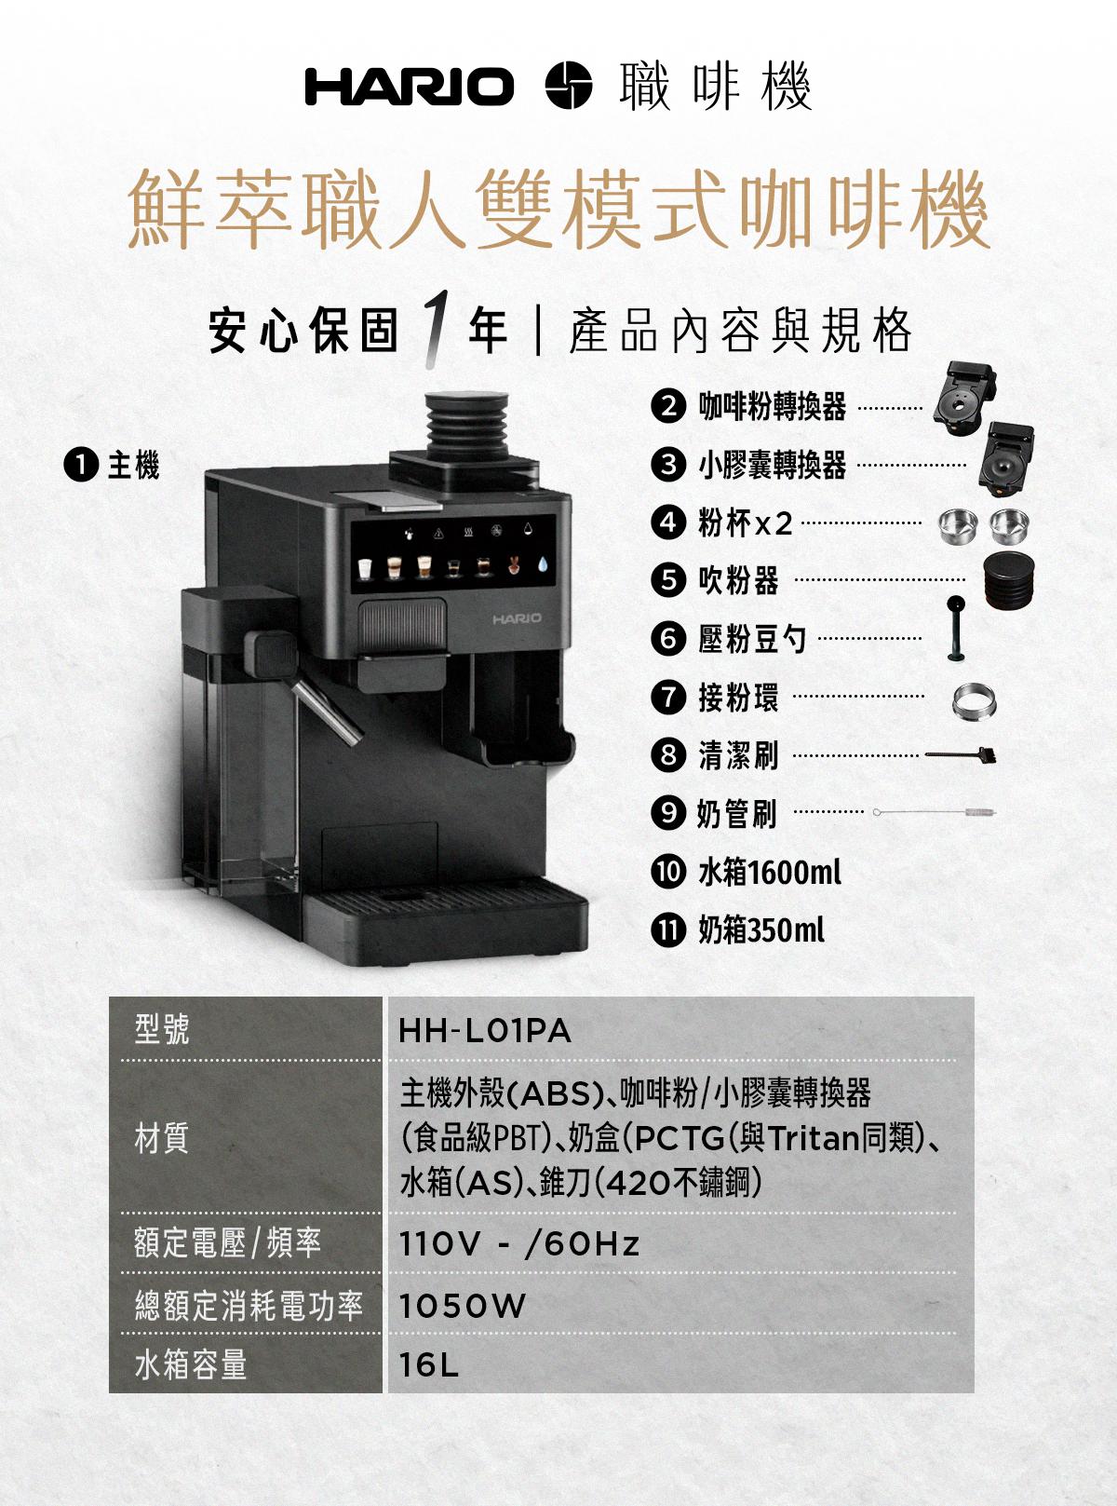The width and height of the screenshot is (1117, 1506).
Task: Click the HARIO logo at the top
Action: (410, 87)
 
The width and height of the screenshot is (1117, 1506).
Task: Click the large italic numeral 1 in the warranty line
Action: (435, 330)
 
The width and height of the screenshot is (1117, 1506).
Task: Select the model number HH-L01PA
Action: (485, 1032)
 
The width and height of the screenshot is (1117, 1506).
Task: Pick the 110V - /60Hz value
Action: (519, 1244)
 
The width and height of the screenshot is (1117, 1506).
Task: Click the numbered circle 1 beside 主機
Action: (80, 467)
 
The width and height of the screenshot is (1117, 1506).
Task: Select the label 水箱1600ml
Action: (770, 872)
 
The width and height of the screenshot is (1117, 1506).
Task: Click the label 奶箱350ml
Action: (761, 930)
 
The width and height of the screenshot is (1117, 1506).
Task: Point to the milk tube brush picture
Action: (935, 812)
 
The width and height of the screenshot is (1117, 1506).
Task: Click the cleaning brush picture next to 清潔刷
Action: (962, 753)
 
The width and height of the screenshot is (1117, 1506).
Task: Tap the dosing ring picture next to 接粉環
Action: (974, 700)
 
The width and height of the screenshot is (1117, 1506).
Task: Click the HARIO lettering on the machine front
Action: (518, 618)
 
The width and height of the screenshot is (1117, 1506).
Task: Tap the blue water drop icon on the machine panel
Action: (543, 565)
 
